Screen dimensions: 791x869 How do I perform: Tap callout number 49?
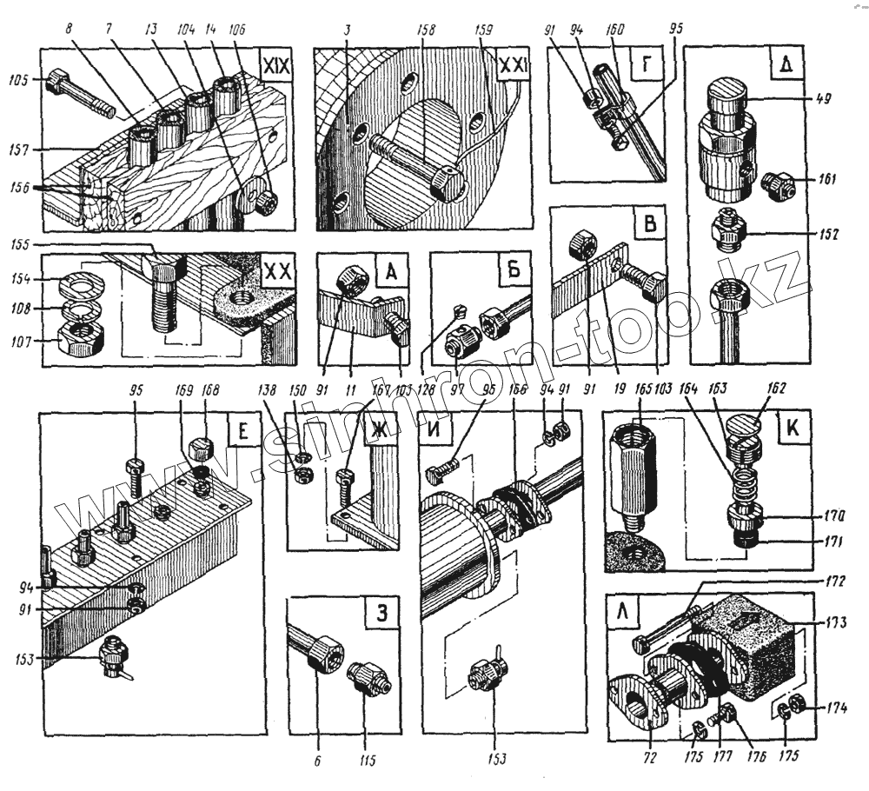(x=822, y=99)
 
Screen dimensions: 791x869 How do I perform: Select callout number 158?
(x=426, y=29)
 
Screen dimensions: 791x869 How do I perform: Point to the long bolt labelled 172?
(x=673, y=624)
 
